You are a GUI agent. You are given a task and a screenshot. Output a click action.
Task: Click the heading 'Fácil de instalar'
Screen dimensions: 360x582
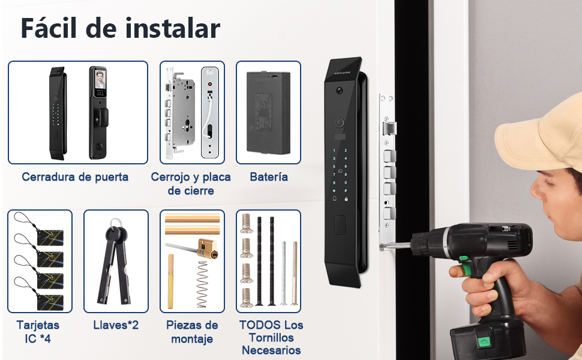pyautogui.click(x=120, y=28)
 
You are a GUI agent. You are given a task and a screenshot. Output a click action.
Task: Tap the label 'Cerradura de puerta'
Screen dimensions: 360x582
pyautogui.click(x=75, y=177)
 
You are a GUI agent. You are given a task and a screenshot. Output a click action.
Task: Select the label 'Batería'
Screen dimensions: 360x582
pyautogui.click(x=268, y=177)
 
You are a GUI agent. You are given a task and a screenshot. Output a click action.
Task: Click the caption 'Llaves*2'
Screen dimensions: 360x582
pyautogui.click(x=116, y=325)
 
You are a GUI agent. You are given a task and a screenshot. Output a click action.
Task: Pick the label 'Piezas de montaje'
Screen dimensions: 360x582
pyautogui.click(x=192, y=332)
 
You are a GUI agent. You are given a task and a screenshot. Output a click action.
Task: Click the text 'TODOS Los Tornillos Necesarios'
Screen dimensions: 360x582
pyautogui.click(x=271, y=338)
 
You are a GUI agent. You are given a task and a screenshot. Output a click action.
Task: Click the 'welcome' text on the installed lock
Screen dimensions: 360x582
pyautogui.click(x=343, y=73)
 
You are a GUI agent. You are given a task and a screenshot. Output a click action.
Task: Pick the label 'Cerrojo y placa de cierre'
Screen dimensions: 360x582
pyautogui.click(x=191, y=184)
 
